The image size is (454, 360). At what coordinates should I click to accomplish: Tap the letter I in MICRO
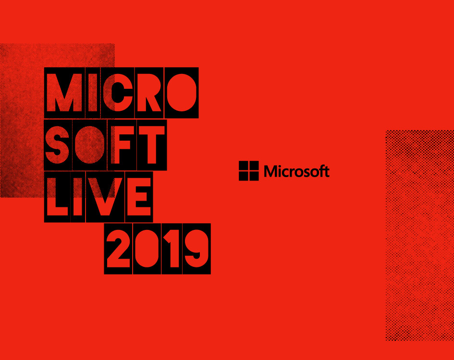point(93,93)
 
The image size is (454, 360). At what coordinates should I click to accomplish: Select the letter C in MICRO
point(118,93)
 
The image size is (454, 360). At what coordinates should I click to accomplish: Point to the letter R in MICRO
point(149,93)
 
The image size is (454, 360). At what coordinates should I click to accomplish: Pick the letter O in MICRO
point(182,93)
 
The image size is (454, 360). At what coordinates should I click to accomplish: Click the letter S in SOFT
point(57,145)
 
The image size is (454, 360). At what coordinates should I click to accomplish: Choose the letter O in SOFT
point(90,145)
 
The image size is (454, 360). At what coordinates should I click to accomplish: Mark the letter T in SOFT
point(152,145)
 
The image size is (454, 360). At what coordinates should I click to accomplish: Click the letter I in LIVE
point(78,197)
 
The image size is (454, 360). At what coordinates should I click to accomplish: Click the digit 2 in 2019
point(118,249)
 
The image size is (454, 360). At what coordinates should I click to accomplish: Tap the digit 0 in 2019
point(147,249)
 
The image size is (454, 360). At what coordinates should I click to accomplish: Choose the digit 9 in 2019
point(196,249)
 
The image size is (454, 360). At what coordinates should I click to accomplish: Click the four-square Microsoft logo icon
point(249,171)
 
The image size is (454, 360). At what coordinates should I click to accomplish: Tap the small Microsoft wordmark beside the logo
point(297,171)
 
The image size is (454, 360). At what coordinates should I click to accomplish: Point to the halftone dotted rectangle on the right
point(420,235)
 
